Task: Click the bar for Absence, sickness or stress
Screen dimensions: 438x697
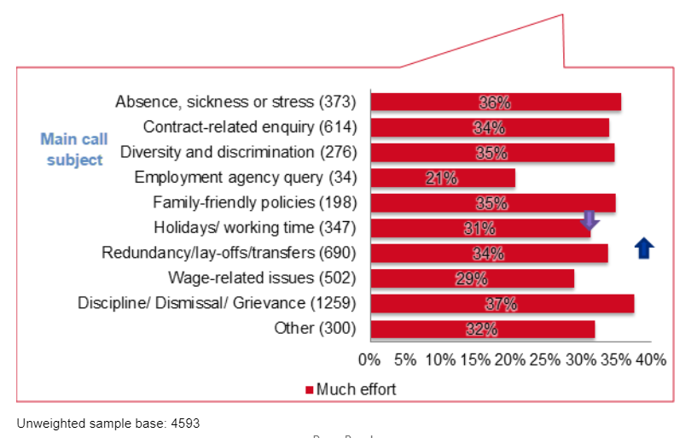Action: [x=495, y=102]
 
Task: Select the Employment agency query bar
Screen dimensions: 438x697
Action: [x=442, y=178]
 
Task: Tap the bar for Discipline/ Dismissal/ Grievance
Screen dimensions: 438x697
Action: [x=502, y=304]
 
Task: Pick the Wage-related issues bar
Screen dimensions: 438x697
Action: [x=472, y=278]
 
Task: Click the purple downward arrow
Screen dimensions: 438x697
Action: [x=590, y=220]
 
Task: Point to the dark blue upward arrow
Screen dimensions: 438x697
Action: [x=645, y=248]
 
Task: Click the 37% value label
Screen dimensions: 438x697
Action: [x=501, y=304]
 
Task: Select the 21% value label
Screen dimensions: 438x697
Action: [x=441, y=178]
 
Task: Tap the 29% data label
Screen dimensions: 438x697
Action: [x=471, y=278]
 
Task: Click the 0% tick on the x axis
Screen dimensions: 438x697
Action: [x=369, y=359]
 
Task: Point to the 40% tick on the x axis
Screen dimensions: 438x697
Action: [x=650, y=359]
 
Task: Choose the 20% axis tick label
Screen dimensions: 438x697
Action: [x=510, y=359]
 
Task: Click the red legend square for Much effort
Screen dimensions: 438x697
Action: [x=310, y=390]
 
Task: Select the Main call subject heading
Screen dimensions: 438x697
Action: [x=74, y=149]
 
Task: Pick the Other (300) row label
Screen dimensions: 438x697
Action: [x=315, y=328]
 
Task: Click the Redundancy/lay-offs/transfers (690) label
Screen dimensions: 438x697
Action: [x=229, y=253]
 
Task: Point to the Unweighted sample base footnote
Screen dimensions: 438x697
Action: [x=107, y=423]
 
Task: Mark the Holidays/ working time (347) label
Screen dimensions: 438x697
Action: [x=255, y=228]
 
